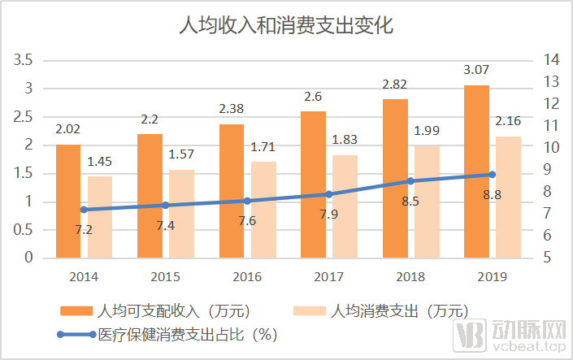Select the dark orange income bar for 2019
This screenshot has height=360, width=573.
tap(476, 171)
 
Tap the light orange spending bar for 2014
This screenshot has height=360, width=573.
tap(100, 217)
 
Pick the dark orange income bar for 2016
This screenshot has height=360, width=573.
tap(232, 191)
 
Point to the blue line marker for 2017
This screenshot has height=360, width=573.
tap(329, 194)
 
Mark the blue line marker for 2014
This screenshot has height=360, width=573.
tap(84, 210)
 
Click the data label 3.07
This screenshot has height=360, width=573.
tap(476, 71)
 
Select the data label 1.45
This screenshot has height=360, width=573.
tap(100, 162)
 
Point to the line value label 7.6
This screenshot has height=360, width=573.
tap(247, 220)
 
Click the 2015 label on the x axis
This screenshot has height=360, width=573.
tap(166, 277)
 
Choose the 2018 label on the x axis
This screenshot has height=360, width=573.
tap(410, 277)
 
